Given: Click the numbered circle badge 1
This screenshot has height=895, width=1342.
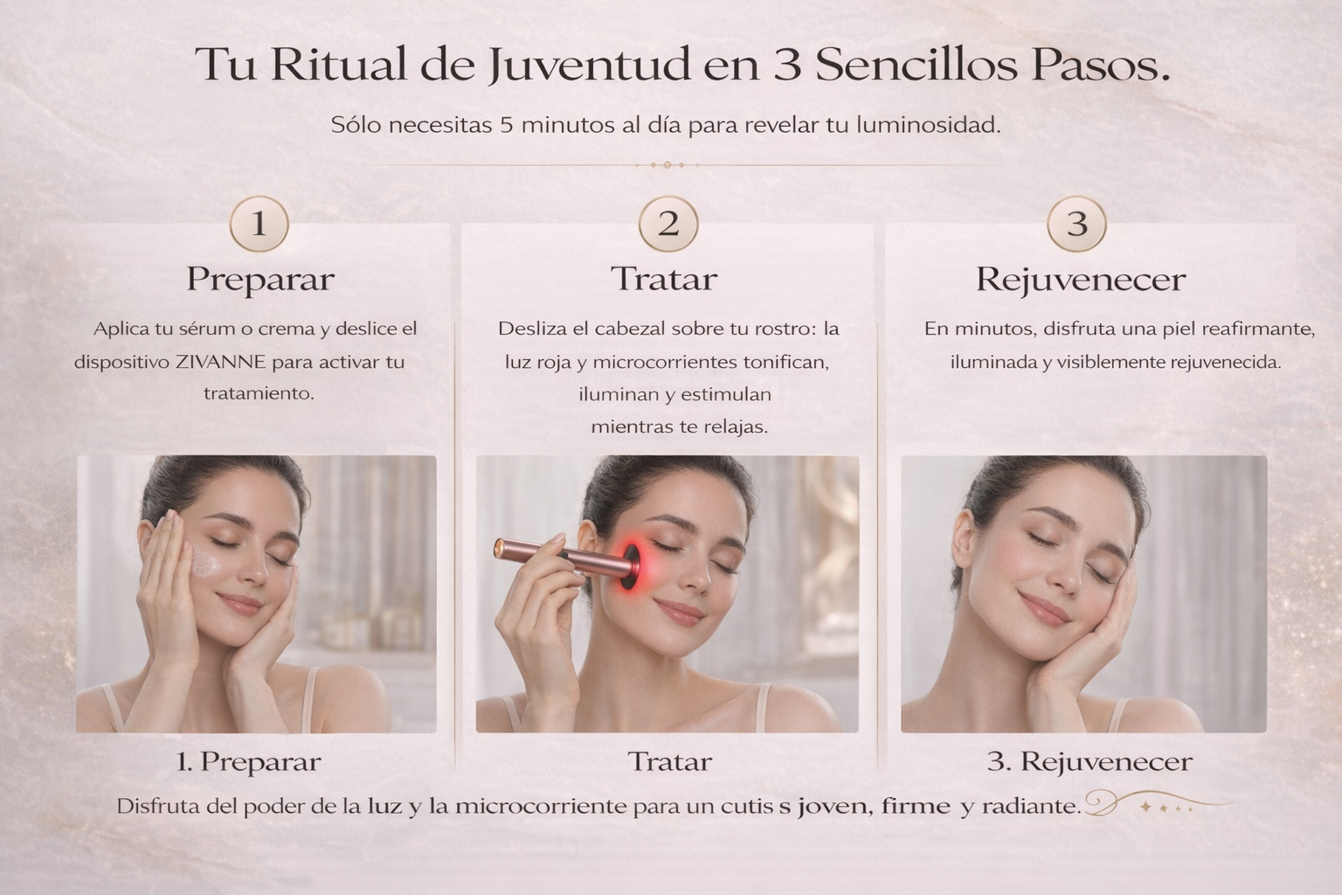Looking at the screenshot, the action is pos(259,224).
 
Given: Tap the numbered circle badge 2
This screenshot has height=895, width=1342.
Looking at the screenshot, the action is pos(668,224).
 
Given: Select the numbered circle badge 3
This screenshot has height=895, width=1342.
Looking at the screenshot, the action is pos(1076,224).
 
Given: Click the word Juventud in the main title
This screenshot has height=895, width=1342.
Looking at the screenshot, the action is pos(590,65).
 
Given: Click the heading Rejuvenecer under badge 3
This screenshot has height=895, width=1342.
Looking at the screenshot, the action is pos(1081,280).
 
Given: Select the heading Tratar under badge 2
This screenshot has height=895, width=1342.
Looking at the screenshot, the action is pos(664,279).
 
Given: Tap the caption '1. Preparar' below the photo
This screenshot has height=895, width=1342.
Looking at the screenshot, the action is pos(249,762).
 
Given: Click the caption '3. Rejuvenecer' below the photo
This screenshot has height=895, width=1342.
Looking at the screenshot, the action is pos(1090,762).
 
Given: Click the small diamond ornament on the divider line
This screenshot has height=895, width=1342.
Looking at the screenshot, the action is pos(668,165).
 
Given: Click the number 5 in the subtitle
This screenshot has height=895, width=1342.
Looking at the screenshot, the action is pos(506,126).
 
